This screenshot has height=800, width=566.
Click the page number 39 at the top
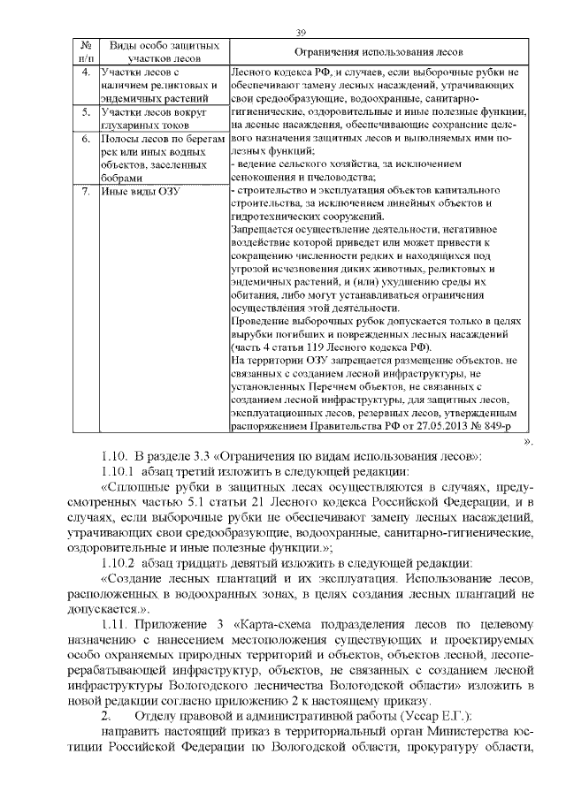pos(301,32)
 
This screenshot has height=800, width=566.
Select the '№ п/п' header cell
pos(86,51)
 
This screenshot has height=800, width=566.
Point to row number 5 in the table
pos(86,114)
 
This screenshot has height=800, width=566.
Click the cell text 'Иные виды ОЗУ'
pos(135,192)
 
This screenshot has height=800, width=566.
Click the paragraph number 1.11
pos(114,625)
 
